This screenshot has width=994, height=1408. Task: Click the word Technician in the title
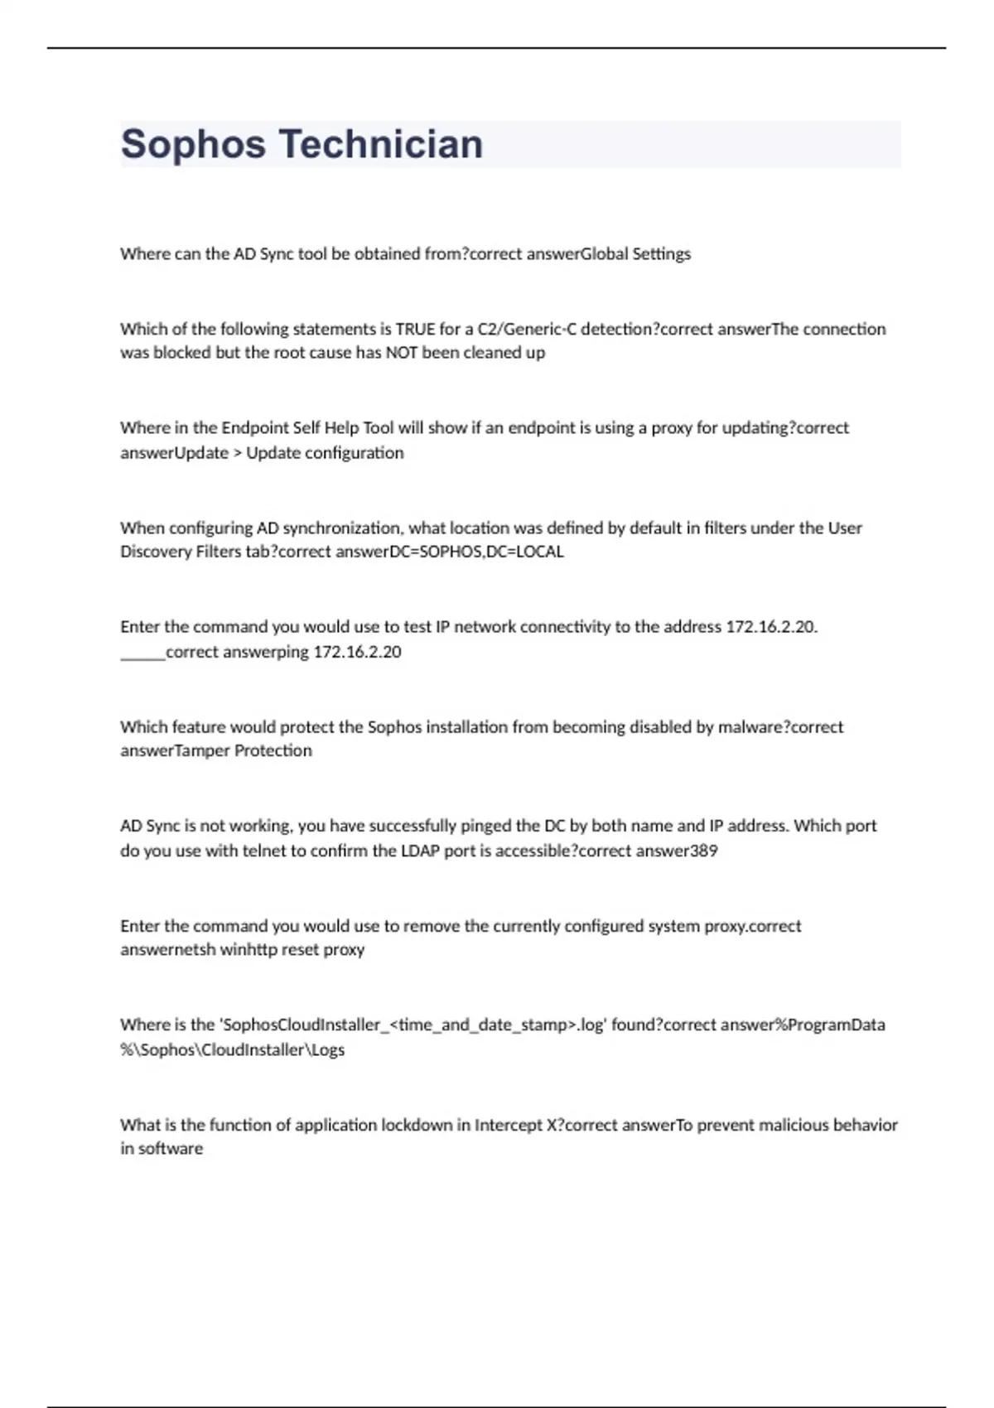click(380, 144)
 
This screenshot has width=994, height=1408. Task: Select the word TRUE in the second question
click(415, 329)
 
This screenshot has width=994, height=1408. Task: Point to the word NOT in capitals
click(401, 353)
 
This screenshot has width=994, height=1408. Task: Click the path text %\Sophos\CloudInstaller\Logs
click(233, 1049)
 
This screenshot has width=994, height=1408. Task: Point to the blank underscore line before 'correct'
click(142, 652)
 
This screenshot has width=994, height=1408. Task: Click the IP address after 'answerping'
click(357, 652)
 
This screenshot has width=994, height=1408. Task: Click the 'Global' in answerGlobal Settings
click(605, 254)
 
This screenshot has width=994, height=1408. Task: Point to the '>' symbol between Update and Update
click(237, 453)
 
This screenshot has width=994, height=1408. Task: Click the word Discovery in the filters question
click(156, 552)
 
